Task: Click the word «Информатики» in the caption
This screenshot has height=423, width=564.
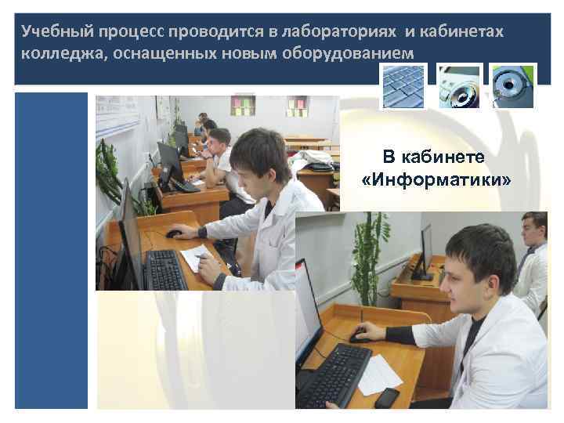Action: [437, 181]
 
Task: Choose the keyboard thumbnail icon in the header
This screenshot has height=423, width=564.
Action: [403, 85]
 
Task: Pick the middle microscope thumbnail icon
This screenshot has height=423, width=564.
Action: [459, 85]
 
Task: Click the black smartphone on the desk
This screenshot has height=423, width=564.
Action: [386, 397]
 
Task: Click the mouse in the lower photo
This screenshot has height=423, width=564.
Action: [360, 337]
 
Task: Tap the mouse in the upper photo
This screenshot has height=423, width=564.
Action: [174, 233]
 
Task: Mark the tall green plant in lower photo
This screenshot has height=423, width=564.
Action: [369, 258]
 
